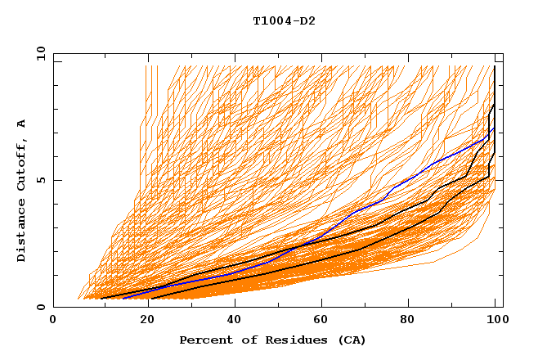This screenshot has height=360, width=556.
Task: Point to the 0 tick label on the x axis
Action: coord(53,321)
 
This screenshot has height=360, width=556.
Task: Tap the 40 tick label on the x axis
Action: coord(235,321)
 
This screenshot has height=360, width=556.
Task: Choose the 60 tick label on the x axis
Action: coord(324,321)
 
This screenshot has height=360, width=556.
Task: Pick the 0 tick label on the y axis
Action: coord(41,307)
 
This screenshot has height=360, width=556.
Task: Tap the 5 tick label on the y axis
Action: coord(41,180)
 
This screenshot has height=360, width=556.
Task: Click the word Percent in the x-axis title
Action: coord(203,340)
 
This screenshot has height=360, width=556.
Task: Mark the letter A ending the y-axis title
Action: coord(22,123)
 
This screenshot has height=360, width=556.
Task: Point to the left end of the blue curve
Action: coord(123,298)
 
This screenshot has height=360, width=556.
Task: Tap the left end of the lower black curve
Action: coord(150,298)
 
